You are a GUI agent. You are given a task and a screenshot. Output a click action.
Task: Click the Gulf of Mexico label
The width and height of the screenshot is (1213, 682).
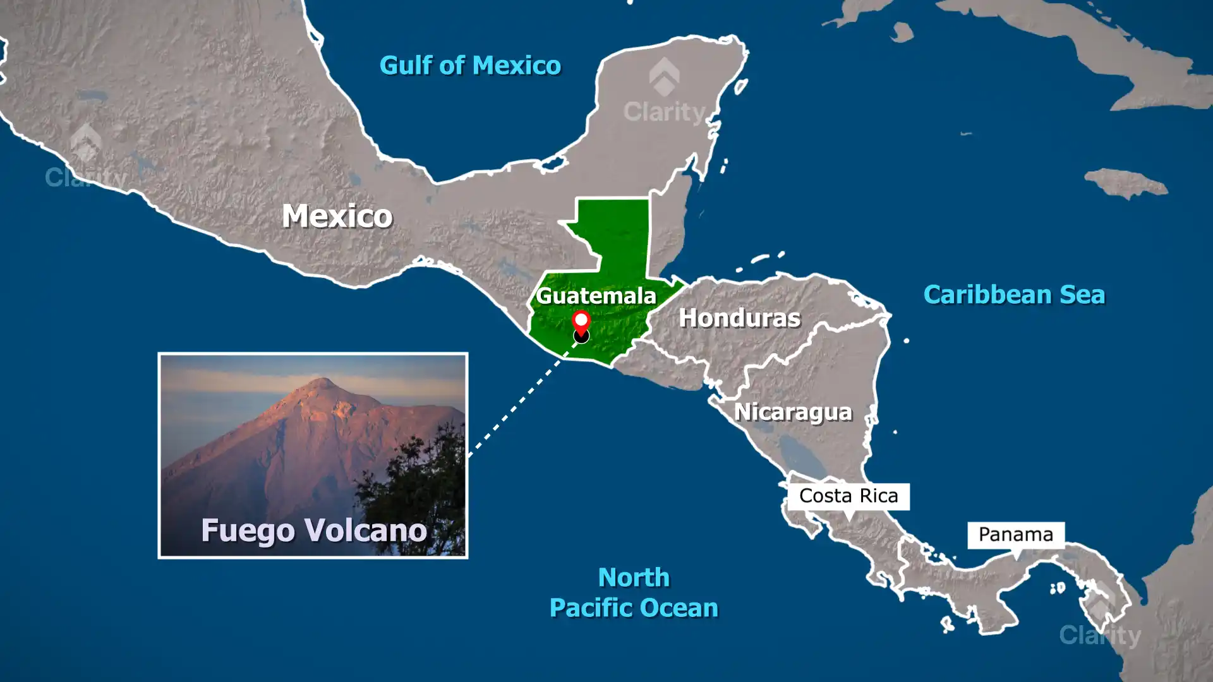[x=470, y=66]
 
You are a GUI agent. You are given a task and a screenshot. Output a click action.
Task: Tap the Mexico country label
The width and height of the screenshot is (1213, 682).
[x=337, y=217]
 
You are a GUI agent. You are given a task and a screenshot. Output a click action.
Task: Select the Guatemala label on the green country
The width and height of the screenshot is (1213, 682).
[x=596, y=296]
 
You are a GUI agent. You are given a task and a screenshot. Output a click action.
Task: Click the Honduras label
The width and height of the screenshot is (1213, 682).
[x=739, y=318]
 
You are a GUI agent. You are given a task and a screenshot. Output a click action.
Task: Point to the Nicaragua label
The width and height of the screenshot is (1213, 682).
[x=793, y=412]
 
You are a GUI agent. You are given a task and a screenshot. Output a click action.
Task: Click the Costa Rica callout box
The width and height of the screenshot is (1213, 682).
[x=848, y=496]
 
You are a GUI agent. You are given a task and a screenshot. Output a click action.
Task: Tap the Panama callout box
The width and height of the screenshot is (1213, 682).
[x=1015, y=535]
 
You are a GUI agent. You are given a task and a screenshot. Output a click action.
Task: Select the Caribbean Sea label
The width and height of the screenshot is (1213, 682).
[x=1014, y=295]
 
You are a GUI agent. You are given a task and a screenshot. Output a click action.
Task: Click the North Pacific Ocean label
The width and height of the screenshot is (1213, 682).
[x=634, y=592]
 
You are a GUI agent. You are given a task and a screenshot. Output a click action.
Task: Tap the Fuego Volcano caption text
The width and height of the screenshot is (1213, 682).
[x=314, y=530]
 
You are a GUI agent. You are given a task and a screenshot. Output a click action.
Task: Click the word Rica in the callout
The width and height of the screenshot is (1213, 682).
[x=879, y=496]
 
